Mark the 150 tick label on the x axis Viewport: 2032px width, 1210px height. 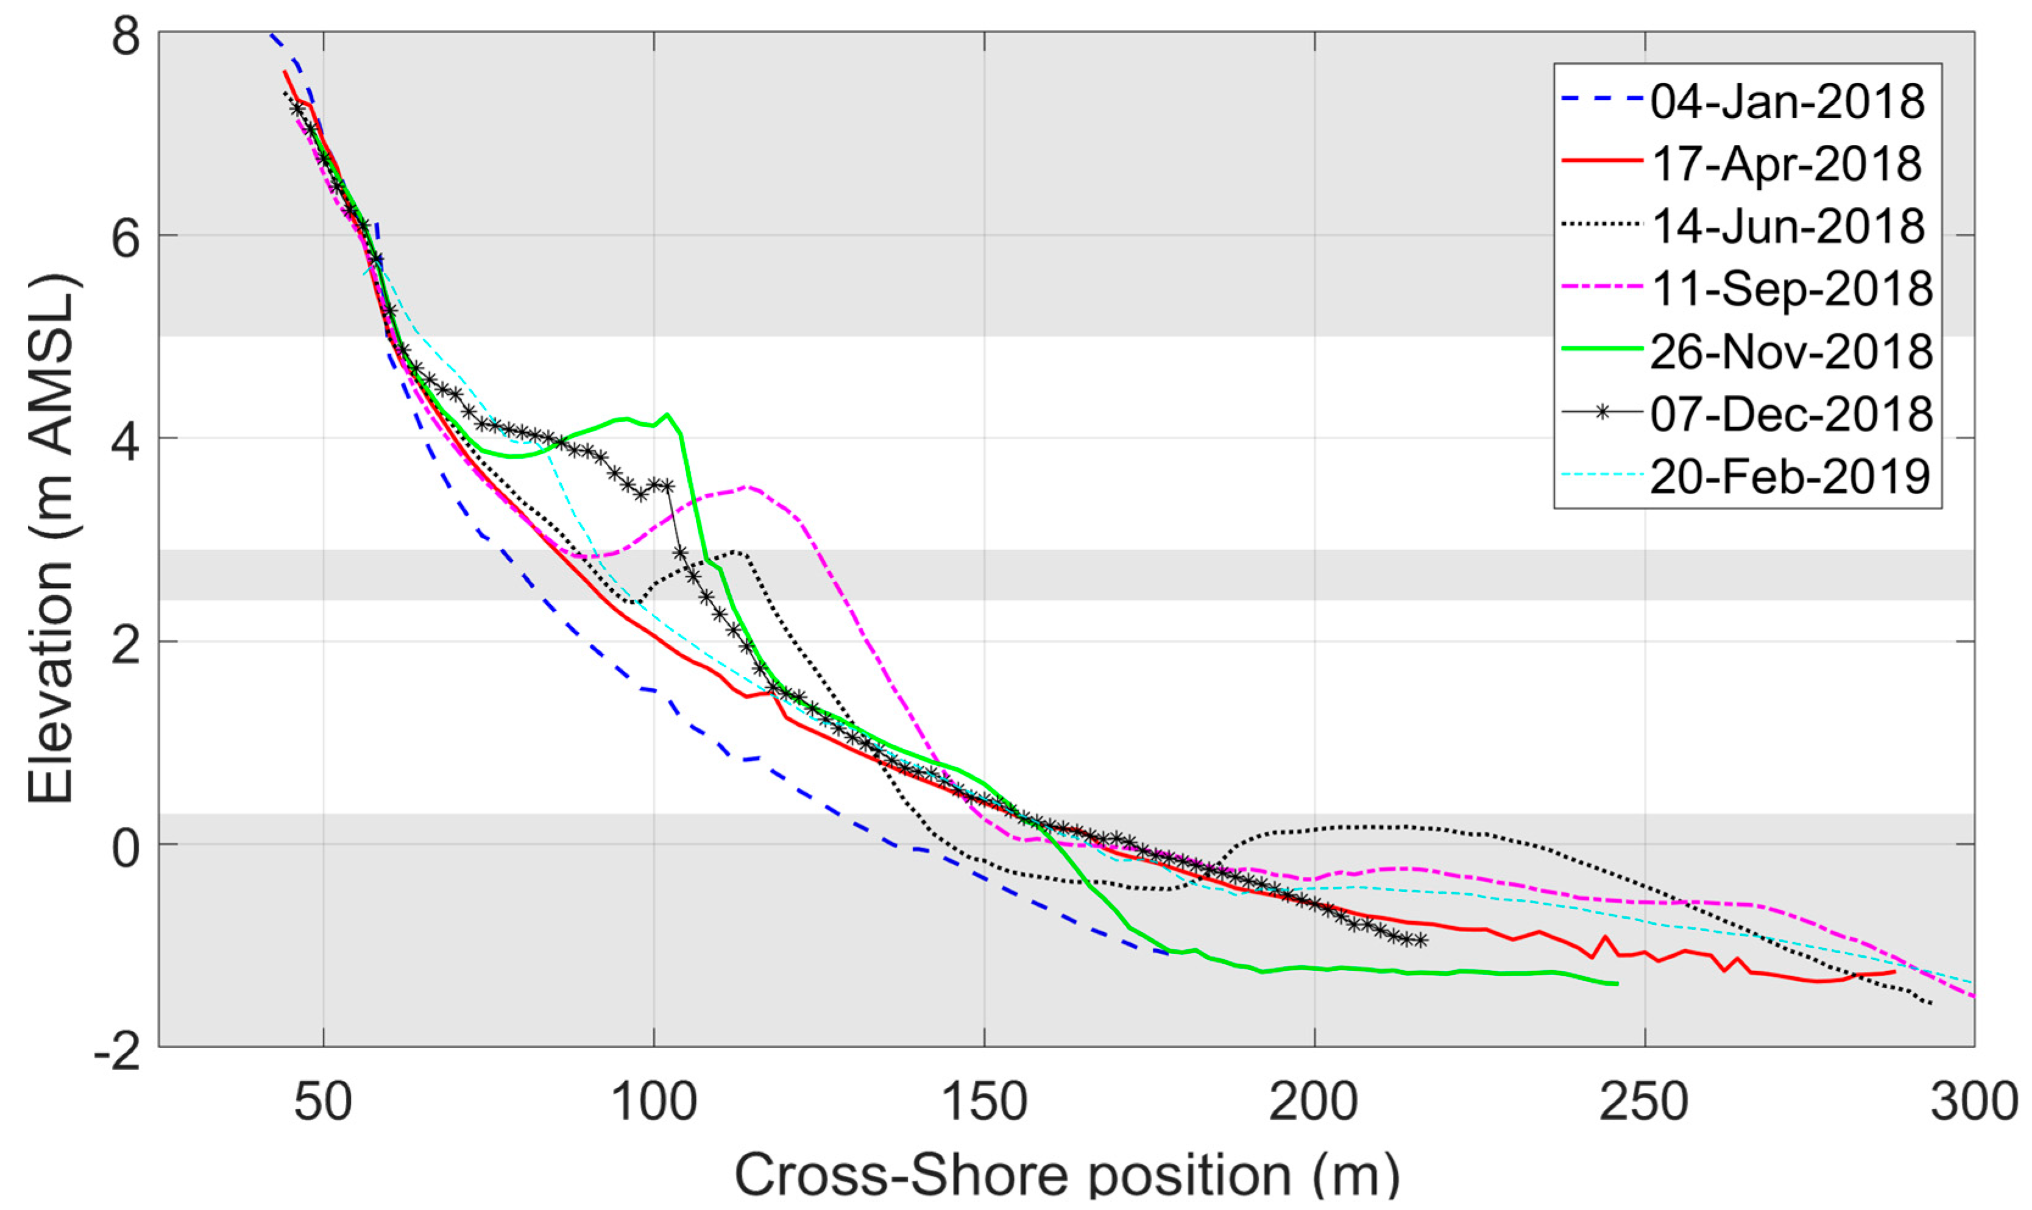click(983, 1102)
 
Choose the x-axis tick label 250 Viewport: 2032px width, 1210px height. click(1644, 1102)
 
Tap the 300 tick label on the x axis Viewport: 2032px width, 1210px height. click(1974, 1102)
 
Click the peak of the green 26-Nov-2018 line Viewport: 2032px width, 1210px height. click(668, 415)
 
